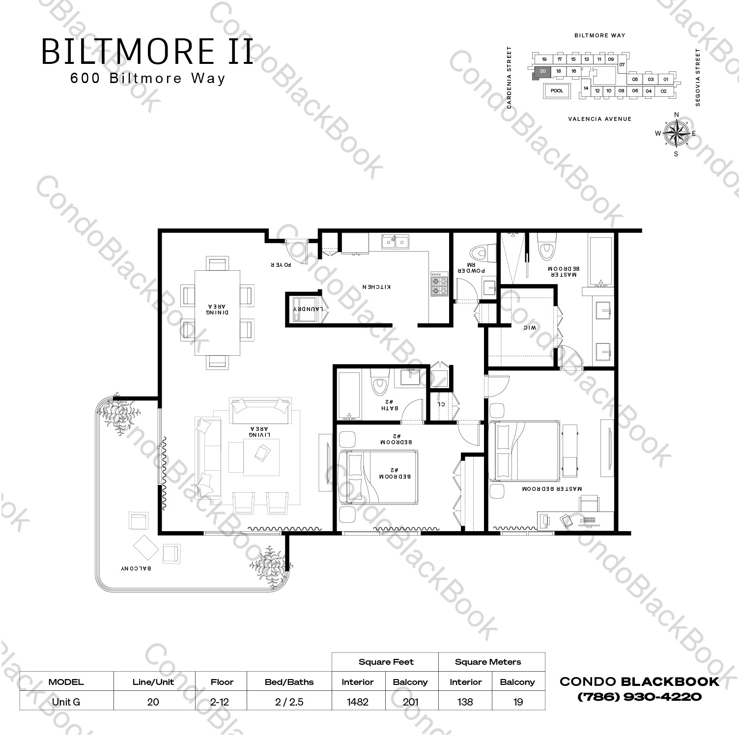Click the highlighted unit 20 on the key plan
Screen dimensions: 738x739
coord(542,72)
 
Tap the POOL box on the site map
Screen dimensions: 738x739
coord(557,91)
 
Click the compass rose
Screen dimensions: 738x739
coord(676,133)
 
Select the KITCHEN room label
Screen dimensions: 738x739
coord(376,286)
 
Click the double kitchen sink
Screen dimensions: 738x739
coord(396,242)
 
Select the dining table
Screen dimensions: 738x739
coord(218,312)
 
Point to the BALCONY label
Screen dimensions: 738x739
coord(136,568)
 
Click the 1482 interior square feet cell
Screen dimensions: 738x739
coord(358,702)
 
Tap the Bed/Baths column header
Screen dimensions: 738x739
coord(288,682)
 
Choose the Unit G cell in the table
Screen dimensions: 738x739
coord(66,702)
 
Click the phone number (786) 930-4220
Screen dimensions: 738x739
coord(639,697)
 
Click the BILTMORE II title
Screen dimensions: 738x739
coord(147,52)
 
